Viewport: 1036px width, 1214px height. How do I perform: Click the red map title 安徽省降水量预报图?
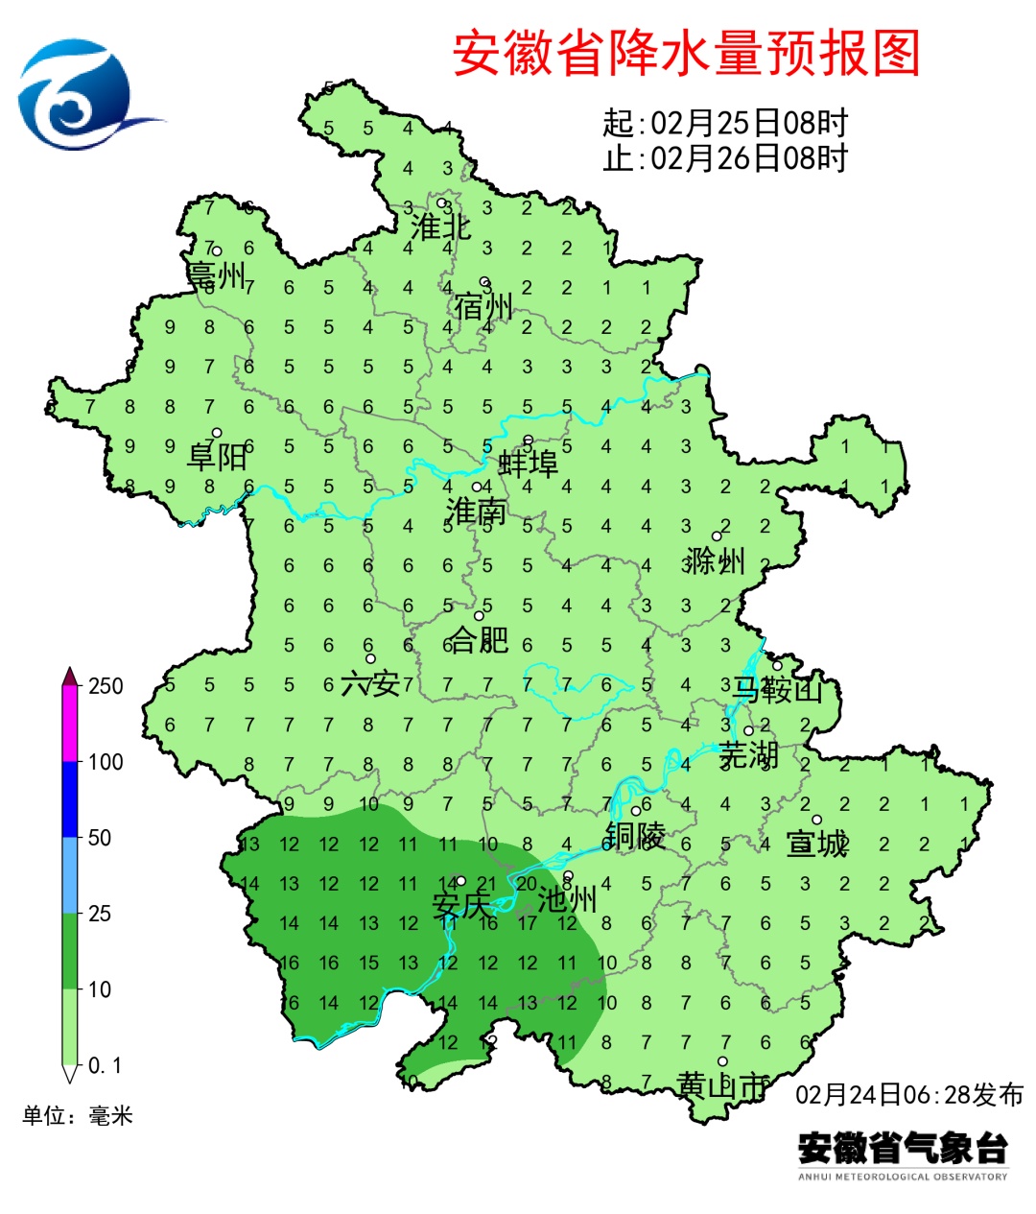coord(686,53)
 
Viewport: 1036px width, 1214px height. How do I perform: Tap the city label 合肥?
coord(479,639)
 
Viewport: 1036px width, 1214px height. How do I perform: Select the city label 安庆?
coord(460,905)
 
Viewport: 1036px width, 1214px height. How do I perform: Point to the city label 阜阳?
coord(217,456)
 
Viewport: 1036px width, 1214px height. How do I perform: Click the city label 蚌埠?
coord(528,464)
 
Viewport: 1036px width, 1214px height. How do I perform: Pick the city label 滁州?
coord(715,560)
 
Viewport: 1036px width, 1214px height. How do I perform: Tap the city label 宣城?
coord(817,844)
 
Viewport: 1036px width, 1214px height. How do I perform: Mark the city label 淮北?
coord(440,227)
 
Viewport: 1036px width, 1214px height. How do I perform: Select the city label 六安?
coord(370,683)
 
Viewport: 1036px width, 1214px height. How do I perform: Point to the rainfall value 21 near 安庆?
coord(486,884)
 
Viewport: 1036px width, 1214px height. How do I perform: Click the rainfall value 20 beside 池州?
coord(527,884)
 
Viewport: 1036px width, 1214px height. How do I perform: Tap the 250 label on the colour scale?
coord(106,686)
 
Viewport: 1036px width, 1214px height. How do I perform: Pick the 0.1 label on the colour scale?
coord(105,1065)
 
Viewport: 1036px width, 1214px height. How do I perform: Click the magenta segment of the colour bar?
coord(69,724)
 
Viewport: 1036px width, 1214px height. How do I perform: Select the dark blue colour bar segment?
coord(69,798)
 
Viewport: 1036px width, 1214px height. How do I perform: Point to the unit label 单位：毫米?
coord(78,1115)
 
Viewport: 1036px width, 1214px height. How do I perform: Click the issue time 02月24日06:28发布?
coord(909,1094)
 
